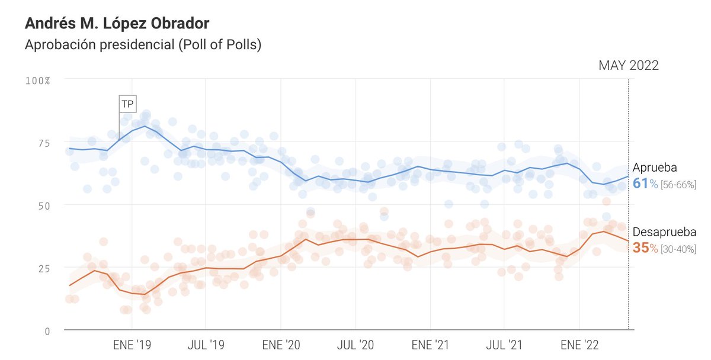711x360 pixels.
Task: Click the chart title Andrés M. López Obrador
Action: (117, 24)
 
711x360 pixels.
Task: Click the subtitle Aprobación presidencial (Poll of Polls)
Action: (143, 45)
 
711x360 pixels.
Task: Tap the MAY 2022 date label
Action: (629, 65)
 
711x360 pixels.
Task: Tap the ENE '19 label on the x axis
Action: (131, 343)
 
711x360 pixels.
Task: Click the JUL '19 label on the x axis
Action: (205, 343)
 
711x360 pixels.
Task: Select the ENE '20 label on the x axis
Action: (280, 343)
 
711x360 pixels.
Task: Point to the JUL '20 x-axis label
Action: (355, 343)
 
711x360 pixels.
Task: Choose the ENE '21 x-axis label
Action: (430, 343)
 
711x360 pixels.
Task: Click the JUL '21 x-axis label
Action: (504, 343)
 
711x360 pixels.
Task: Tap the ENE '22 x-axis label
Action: (579, 343)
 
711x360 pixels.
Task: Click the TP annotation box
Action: (127, 104)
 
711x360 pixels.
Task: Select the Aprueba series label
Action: (655, 167)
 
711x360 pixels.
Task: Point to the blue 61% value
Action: (645, 184)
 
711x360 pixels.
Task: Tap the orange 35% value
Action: (645, 248)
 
